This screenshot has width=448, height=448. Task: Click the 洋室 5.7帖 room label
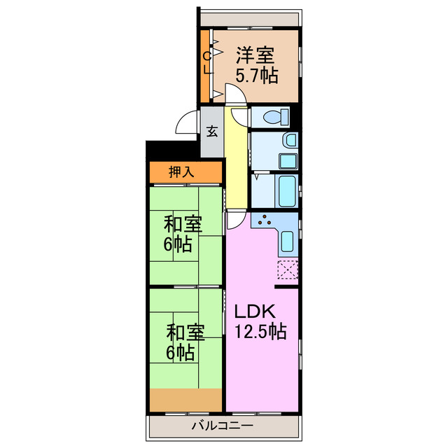[x=255, y=64]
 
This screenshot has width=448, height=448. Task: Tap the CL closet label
[x=206, y=63]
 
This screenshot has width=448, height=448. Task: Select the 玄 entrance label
[x=211, y=132]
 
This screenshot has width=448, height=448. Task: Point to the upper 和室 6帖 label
[x=183, y=234]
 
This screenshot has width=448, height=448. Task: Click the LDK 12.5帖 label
[x=259, y=321]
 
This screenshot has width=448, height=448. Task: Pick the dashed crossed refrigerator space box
[x=288, y=269]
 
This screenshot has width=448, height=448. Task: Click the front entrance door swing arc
[x=186, y=124]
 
